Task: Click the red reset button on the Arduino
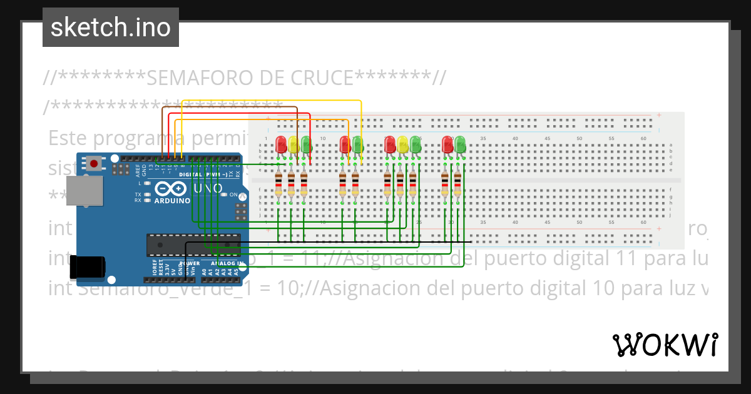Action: (x=94, y=164)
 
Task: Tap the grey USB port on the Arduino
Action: (x=85, y=191)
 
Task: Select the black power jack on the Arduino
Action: (x=88, y=267)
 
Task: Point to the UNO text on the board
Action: (x=208, y=188)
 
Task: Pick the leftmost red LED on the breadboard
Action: (x=280, y=144)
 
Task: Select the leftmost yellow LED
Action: (x=293, y=144)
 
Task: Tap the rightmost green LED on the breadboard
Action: (x=460, y=144)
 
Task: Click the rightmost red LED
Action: (x=447, y=144)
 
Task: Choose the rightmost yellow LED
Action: (x=402, y=144)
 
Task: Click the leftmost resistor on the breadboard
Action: (x=278, y=185)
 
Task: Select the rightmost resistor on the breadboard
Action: (x=457, y=185)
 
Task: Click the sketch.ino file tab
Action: (x=111, y=28)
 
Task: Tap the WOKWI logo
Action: (x=665, y=345)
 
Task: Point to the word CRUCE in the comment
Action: (x=317, y=78)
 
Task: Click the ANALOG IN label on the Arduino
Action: (x=228, y=263)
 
